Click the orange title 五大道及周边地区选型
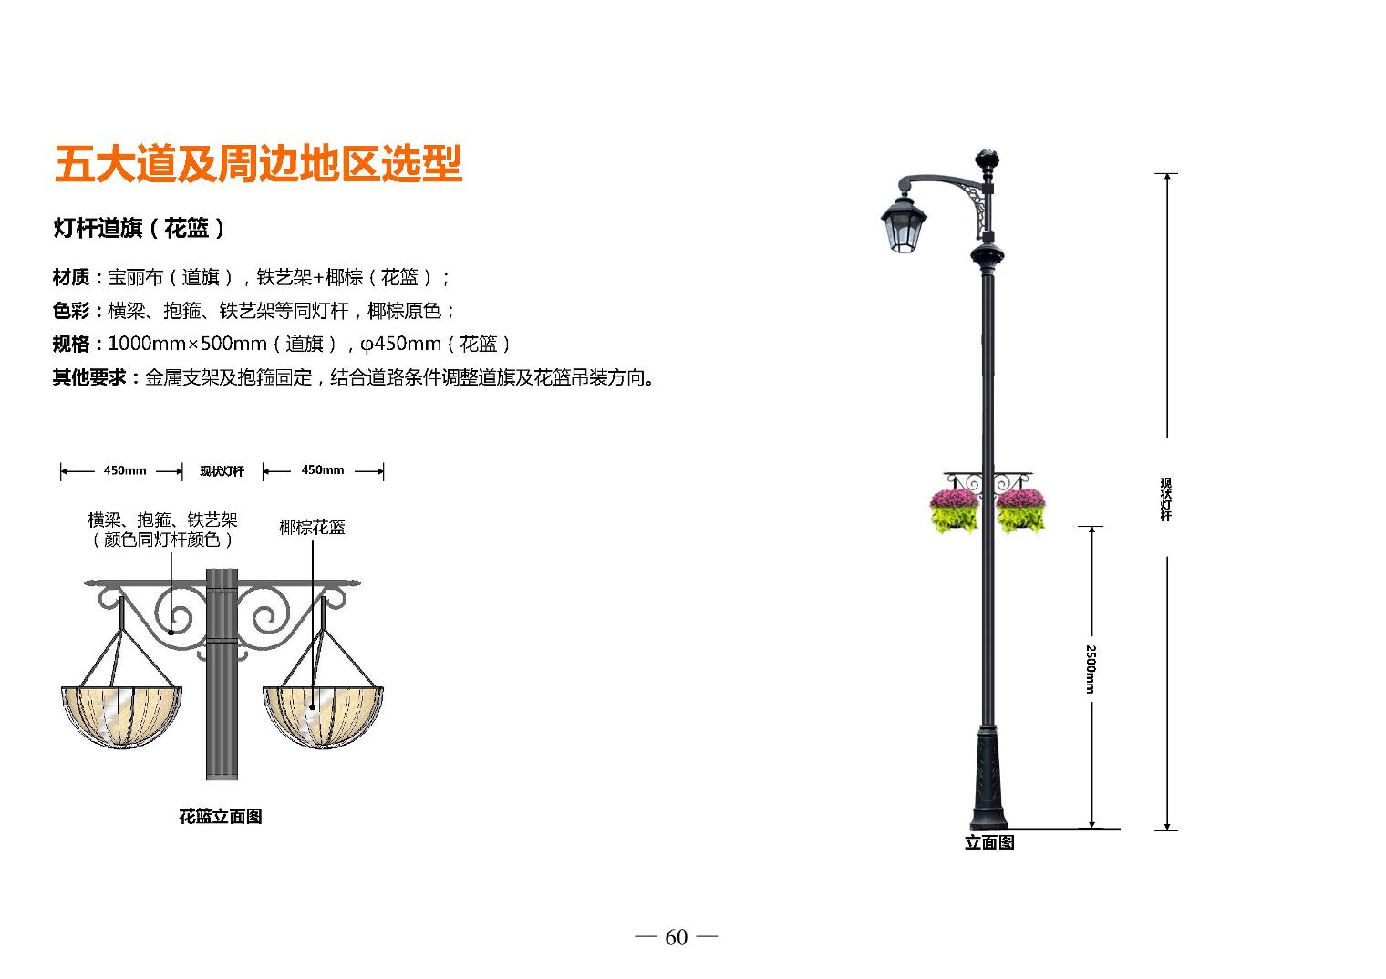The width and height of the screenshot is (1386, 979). [x=259, y=164]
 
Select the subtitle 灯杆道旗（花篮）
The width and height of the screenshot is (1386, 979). [x=139, y=228]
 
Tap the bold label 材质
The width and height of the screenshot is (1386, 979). [x=71, y=278]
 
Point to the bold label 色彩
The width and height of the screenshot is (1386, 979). [x=71, y=311]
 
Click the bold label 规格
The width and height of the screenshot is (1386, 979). [x=71, y=344]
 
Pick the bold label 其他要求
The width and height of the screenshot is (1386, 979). [x=89, y=377]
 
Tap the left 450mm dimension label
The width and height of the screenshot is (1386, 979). [x=125, y=470]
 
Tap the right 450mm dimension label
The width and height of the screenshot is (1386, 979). [x=323, y=470]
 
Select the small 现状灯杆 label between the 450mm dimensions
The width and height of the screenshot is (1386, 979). [x=222, y=471]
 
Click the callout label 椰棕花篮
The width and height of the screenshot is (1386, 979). [x=312, y=528]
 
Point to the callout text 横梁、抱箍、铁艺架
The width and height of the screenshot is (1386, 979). [x=162, y=520]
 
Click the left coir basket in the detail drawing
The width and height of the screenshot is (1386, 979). [x=121, y=716]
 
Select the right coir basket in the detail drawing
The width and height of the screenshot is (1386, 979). [x=323, y=716]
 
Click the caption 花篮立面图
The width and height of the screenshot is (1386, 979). [x=221, y=817]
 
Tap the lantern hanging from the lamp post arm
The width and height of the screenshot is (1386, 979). [x=904, y=224]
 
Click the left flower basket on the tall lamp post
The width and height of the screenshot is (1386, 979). [x=954, y=510]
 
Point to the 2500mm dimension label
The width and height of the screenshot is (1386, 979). [x=1091, y=669]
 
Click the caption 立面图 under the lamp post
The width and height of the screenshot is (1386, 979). [x=989, y=842]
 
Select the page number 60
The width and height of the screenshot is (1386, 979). [x=677, y=938]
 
